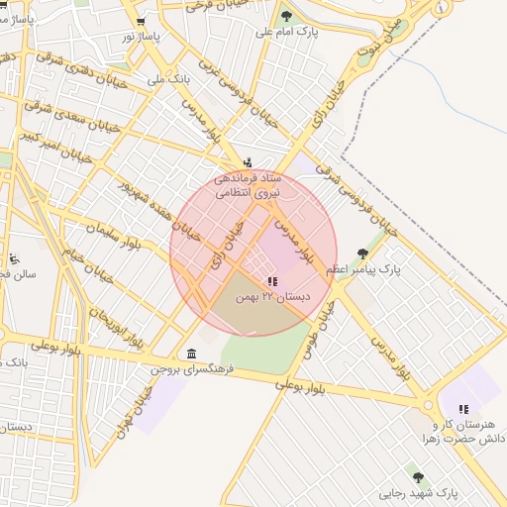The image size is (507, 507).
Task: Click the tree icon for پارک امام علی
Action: (287, 16)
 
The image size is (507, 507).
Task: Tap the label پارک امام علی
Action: (287, 33)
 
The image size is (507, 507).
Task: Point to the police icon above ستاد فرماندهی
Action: (248, 162)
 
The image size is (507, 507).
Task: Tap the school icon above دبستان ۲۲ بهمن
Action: (272, 281)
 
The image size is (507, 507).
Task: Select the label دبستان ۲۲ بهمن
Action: (270, 297)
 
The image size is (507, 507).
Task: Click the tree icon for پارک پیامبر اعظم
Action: (362, 253)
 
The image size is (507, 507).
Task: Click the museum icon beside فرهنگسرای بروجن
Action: (190, 355)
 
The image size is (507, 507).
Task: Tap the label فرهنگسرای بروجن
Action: (191, 369)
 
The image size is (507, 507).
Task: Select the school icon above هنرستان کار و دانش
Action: (462, 409)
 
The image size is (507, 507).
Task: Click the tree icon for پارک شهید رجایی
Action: (417, 477)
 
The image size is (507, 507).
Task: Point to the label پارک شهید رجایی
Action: (418, 492)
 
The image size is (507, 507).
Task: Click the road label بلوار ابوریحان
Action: (116, 317)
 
